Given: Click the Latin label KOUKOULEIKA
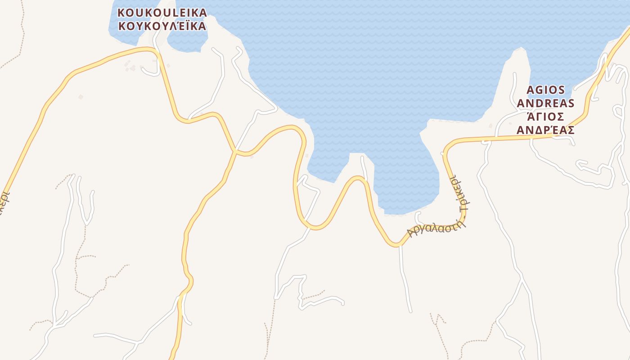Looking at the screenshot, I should click(x=162, y=13).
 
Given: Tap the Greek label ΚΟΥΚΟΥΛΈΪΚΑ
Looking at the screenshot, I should click(x=162, y=26).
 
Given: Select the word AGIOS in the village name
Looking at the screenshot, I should click(x=546, y=90).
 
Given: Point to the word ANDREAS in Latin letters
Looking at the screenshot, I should click(x=546, y=103).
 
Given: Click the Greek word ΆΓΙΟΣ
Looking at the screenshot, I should click(x=546, y=117).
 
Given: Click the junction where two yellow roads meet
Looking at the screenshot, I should click(x=235, y=151).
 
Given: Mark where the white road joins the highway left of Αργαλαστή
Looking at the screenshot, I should click(x=400, y=246).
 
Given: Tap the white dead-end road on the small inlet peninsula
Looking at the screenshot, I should click(x=364, y=166).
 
